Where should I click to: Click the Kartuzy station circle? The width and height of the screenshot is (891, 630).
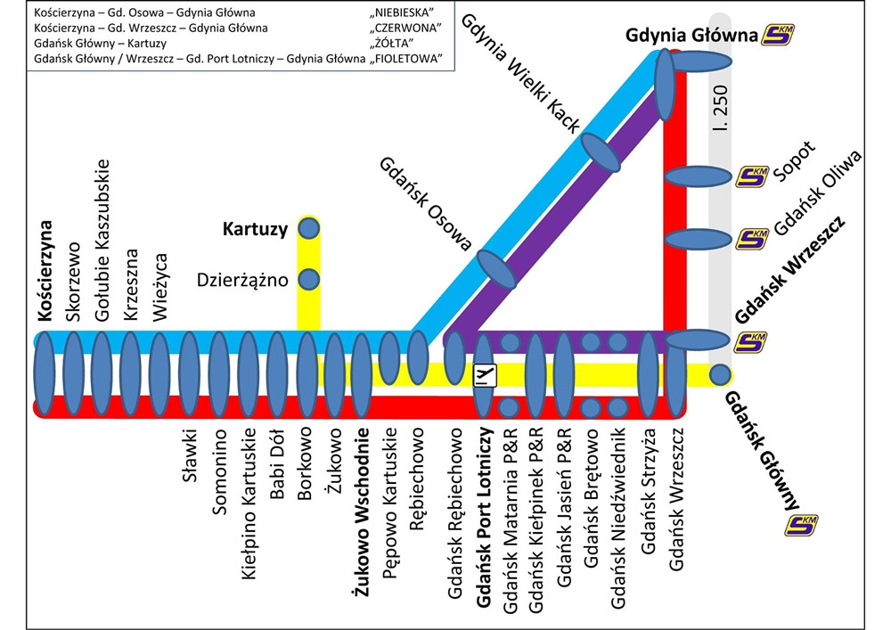tap(308, 229)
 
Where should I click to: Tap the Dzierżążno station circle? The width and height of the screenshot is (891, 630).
tap(308, 280)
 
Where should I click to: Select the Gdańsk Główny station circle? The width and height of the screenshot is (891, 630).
tap(720, 375)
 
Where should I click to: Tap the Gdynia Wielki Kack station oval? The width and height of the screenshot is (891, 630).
tap(601, 153)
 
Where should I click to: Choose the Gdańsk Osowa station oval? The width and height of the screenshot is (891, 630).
tap(497, 269)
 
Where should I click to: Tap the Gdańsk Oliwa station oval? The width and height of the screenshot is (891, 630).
tap(699, 239)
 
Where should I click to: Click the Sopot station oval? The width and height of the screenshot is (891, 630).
tap(699, 176)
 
